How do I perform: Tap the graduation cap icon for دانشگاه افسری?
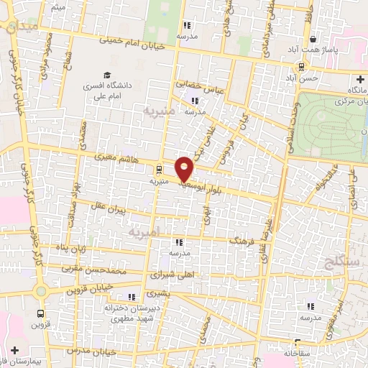107,75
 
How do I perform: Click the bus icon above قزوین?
40,313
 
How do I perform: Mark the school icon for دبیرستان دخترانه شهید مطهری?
130,297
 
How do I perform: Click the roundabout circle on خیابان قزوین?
41,291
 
